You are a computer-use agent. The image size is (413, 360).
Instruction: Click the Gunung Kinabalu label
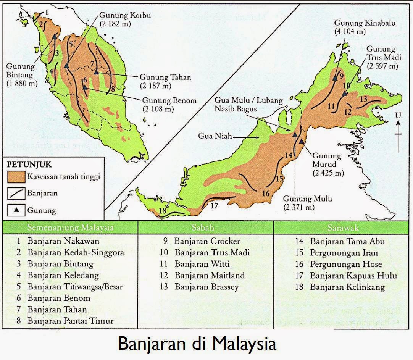pyautogui.click(x=365, y=27)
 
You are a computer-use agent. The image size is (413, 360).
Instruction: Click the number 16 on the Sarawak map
pyautogui.click(x=266, y=194)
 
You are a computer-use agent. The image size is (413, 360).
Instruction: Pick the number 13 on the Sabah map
pyautogui.click(x=363, y=99)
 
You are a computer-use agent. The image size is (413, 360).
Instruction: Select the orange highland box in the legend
pyautogui.click(x=16, y=177)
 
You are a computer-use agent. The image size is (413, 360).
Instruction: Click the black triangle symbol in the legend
pyautogui.click(x=16, y=210)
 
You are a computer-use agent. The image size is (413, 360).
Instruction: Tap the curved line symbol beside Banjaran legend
pyautogui.click(x=16, y=193)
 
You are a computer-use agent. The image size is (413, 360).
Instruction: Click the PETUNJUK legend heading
pyautogui.click(x=29, y=165)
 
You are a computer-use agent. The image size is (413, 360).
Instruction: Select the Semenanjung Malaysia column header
pyautogui.click(x=70, y=228)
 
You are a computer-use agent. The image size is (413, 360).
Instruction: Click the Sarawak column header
pyautogui.click(x=343, y=228)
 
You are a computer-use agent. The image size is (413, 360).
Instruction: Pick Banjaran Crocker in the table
pyautogui.click(x=207, y=241)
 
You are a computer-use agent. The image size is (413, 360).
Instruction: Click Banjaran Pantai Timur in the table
pyautogui.click(x=70, y=321)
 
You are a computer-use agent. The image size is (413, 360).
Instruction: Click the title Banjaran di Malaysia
pyautogui.click(x=197, y=343)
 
